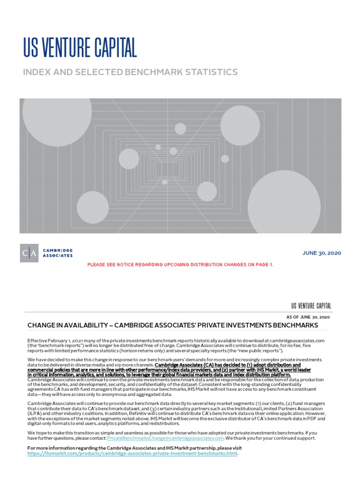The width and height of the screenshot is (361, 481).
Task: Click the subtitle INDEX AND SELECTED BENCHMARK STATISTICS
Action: point(130,72)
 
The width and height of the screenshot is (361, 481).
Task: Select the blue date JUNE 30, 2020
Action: point(322,253)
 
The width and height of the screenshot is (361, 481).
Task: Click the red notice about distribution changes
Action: point(180,265)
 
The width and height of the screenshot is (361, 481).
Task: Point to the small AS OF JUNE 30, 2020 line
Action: point(308,317)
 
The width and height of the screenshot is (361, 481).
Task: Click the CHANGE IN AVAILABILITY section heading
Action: point(173,326)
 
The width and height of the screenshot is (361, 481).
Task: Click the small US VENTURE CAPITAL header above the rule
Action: point(311,306)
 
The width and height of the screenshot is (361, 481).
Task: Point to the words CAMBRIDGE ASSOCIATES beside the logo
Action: point(58,253)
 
